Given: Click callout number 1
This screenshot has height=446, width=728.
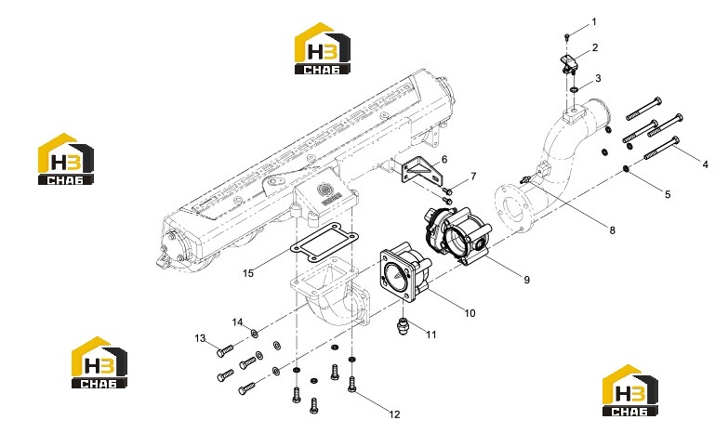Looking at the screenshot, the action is point(594,21).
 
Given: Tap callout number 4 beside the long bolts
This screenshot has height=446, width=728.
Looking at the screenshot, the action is point(706,164).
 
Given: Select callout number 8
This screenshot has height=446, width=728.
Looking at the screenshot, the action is point(613,230).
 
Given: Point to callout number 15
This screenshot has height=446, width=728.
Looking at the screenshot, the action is point(248,273).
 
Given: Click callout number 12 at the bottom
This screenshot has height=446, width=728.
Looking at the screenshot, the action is point(394,414).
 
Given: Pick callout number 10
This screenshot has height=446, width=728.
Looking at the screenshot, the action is point(470,313).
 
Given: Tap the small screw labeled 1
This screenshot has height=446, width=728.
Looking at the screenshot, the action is point(567,36).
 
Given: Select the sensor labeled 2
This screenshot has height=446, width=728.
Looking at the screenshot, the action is point(569,64).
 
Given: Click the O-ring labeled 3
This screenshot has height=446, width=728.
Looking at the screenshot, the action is point(575,88).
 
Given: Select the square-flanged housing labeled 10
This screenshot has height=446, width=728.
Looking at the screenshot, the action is point(404,272).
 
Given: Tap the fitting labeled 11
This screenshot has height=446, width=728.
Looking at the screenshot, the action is point(402,325).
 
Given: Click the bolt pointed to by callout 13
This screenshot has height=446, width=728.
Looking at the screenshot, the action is point(225,351).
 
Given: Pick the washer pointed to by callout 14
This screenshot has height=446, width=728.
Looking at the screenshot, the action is point(255,333).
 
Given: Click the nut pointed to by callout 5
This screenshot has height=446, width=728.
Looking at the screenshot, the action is point(627,169).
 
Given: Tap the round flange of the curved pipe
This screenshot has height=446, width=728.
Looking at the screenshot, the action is point(512,208).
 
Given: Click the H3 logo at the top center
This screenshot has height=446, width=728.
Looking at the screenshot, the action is point(323,48).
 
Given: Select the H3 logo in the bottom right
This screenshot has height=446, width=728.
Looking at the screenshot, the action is point(630,390).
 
